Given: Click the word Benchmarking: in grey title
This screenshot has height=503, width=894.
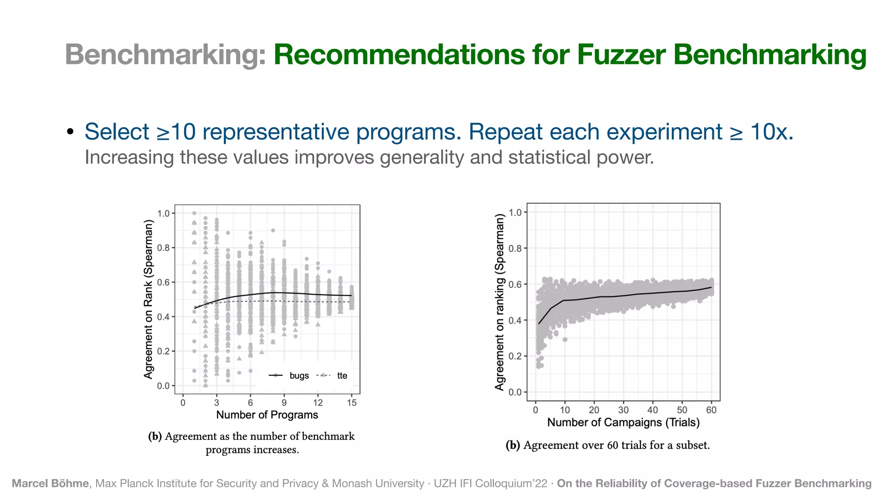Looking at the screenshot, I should pyautogui.click(x=165, y=55).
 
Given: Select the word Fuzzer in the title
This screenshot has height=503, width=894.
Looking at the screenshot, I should pyautogui.click(x=621, y=55).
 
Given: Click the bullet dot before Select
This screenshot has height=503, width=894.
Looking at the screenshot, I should pyautogui.click(x=70, y=132).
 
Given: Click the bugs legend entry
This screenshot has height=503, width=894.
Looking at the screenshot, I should pyautogui.click(x=299, y=376).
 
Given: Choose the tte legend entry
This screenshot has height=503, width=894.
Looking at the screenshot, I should pyautogui.click(x=342, y=376).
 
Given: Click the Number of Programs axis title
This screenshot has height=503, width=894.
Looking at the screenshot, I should pyautogui.click(x=267, y=415).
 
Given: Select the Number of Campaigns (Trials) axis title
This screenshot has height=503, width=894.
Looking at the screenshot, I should pyautogui.click(x=623, y=422).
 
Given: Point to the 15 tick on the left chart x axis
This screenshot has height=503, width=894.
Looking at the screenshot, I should pyautogui.click(x=352, y=403).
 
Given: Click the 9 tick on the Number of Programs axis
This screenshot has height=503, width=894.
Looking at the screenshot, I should pyautogui.click(x=284, y=403).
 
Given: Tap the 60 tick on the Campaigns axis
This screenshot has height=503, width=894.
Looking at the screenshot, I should pyautogui.click(x=711, y=410).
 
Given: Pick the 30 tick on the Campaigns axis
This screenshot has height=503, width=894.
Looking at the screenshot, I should pyautogui.click(x=623, y=410).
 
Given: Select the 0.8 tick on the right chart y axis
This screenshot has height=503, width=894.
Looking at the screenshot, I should pyautogui.click(x=516, y=248).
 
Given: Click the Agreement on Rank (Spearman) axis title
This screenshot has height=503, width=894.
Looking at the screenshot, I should pyautogui.click(x=149, y=299).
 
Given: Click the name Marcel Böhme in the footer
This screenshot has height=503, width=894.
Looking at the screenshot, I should pyautogui.click(x=50, y=483).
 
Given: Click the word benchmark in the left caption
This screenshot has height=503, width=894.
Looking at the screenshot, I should pyautogui.click(x=328, y=436).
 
